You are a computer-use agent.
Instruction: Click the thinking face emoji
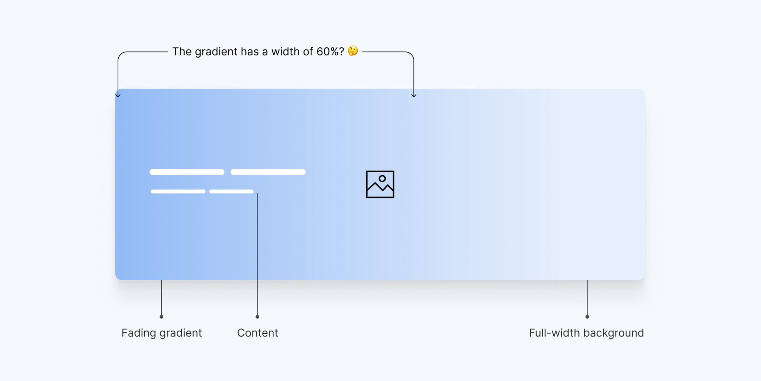(353, 51)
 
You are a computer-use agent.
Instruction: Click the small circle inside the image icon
(382, 178)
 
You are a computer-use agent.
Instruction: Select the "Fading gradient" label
(162, 333)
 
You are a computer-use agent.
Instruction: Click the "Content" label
(257, 333)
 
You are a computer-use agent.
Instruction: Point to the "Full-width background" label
(586, 333)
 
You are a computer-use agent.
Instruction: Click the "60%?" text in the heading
(330, 51)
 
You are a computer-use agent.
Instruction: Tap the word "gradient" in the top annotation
(216, 52)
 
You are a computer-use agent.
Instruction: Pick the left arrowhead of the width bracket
(118, 95)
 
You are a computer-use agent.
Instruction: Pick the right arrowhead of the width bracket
(414, 95)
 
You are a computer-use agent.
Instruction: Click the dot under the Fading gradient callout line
(161, 317)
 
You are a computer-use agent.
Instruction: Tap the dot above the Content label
(257, 317)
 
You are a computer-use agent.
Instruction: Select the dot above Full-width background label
(587, 317)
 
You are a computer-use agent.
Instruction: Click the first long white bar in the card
(187, 172)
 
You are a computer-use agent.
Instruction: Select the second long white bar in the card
(268, 172)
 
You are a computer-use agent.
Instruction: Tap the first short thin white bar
(178, 191)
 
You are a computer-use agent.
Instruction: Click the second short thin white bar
(231, 191)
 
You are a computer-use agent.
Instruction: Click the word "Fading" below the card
(139, 333)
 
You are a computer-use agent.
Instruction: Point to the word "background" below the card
(613, 333)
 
